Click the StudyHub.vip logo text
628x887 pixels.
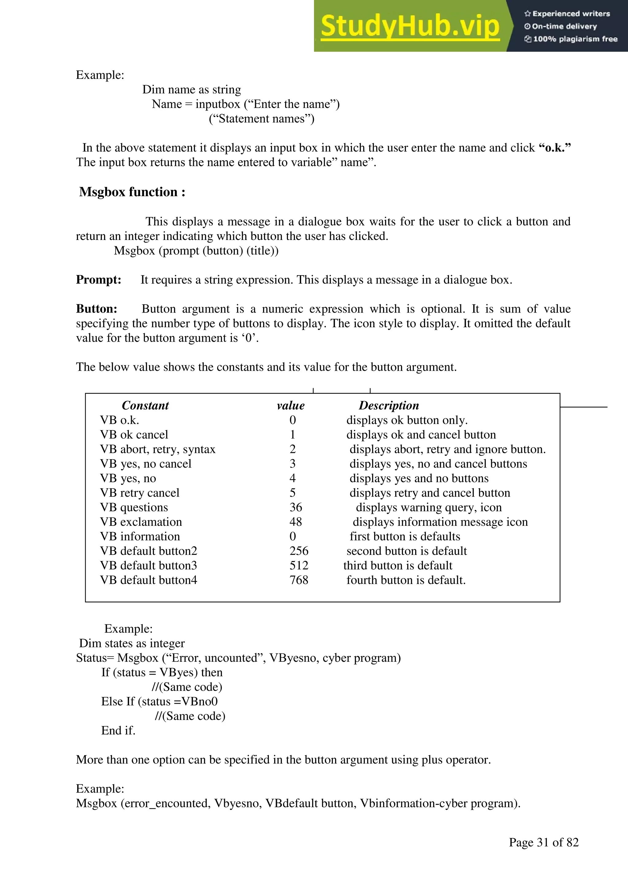[410, 26]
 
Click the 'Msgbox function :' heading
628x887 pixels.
[132, 192]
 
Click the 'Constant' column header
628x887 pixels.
[145, 405]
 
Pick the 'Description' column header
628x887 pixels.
[389, 405]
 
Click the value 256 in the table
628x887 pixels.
[299, 551]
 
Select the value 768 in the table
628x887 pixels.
[299, 580]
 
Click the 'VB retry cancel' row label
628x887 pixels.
[140, 493]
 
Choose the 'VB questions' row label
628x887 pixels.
[134, 507]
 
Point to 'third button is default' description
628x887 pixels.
[397, 565]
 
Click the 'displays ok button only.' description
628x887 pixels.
[407, 420]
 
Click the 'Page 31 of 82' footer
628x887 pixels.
[543, 842]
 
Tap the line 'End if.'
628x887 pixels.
[118, 730]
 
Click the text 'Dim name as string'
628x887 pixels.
[191, 90]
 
